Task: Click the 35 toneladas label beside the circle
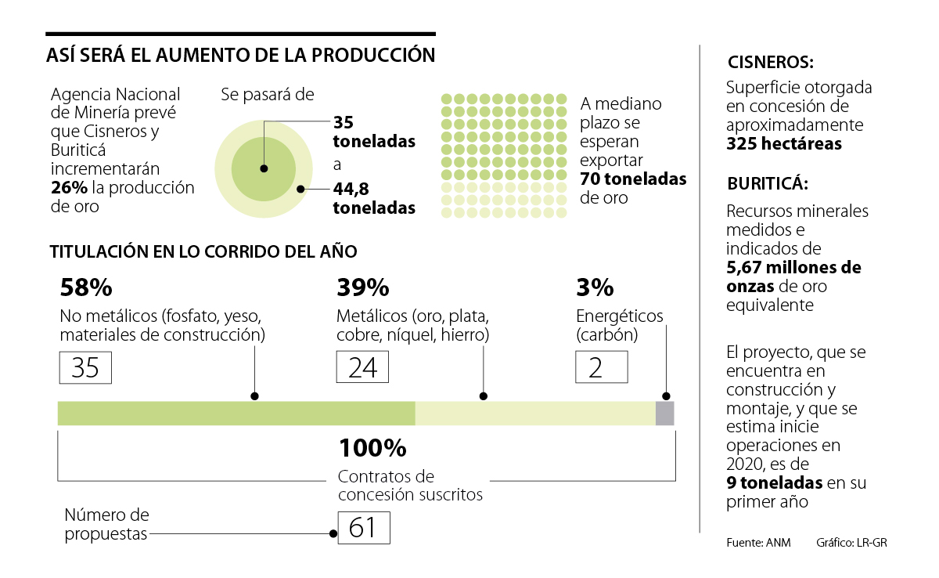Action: pyautogui.click(x=373, y=132)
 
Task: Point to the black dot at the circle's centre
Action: pyautogui.click(x=264, y=168)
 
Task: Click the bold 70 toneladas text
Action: pyautogui.click(x=633, y=179)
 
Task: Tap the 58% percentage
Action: pyautogui.click(x=86, y=288)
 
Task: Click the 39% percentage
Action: pyautogui.click(x=363, y=288)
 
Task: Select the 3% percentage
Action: pyautogui.click(x=595, y=288)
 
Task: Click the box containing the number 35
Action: pyautogui.click(x=85, y=367)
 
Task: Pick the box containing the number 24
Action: pyautogui.click(x=363, y=367)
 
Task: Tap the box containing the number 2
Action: pyautogui.click(x=601, y=367)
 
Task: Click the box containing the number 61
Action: pyautogui.click(x=363, y=528)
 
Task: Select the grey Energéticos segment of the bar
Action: pyautogui.click(x=664, y=414)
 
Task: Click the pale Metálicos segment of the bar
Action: pyautogui.click(x=534, y=414)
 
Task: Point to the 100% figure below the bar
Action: pyautogui.click(x=372, y=449)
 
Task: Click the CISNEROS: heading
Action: pyautogui.click(x=770, y=63)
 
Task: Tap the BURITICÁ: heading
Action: pyautogui.click(x=768, y=185)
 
